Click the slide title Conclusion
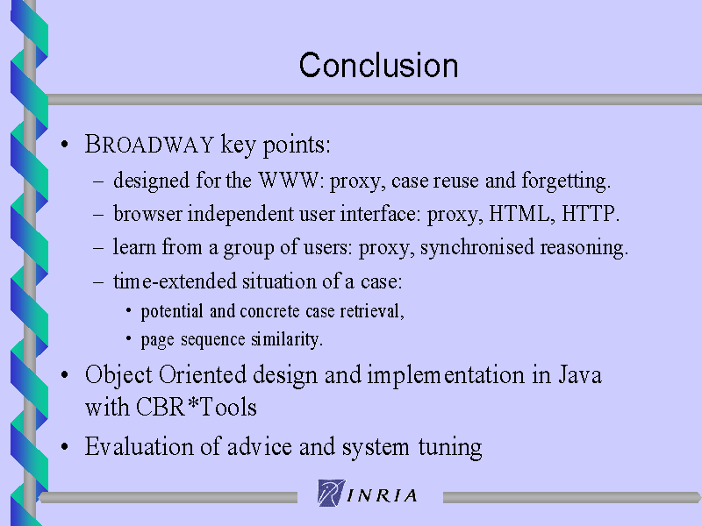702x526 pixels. tap(379, 65)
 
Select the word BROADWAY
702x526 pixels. tap(149, 145)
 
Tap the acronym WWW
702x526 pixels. tap(289, 181)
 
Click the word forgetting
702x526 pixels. tap(565, 181)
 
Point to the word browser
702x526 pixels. tap(147, 214)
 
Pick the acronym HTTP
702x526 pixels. tap(588, 213)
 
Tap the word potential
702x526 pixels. tap(172, 312)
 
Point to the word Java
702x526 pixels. tap(580, 374)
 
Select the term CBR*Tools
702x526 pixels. tap(196, 407)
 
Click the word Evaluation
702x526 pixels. tap(139, 446)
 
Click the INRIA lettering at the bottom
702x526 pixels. tap(383, 495)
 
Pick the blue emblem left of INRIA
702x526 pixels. tap(332, 493)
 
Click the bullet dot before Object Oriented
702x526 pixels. tap(65, 375)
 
